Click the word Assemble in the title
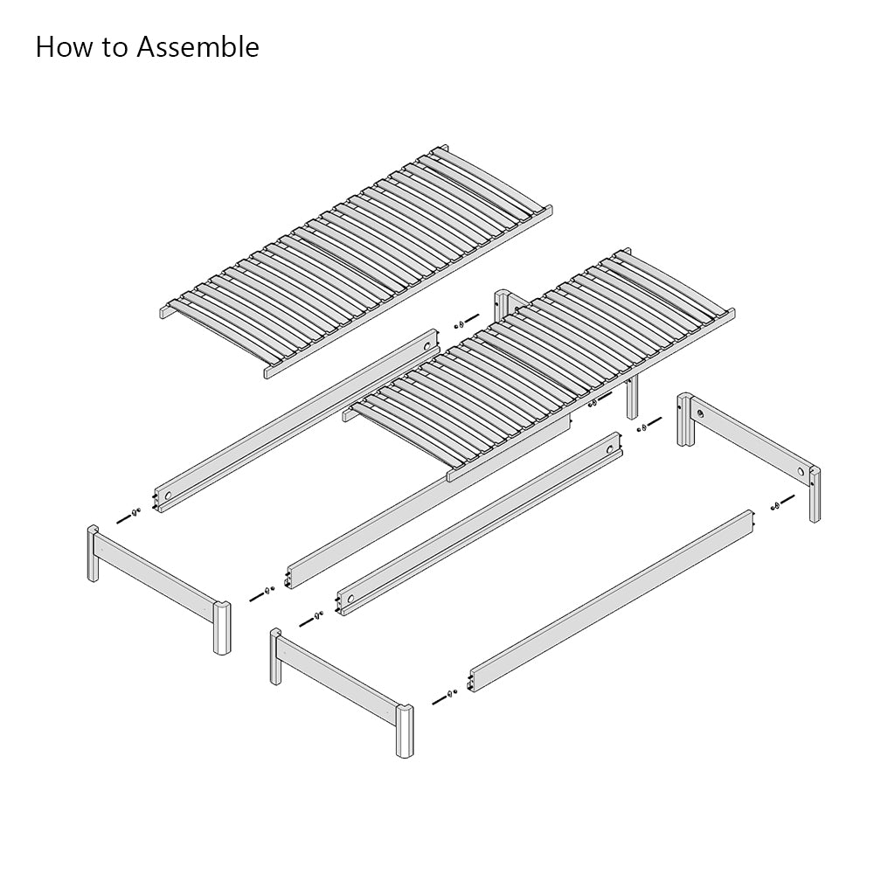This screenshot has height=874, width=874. click(x=198, y=47)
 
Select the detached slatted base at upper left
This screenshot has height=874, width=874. click(x=357, y=260)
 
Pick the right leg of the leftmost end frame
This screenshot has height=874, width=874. click(x=222, y=627)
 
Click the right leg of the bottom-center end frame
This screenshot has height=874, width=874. click(x=405, y=731)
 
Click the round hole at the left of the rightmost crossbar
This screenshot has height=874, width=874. click(x=699, y=414)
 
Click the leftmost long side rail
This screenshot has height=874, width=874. click(x=296, y=421)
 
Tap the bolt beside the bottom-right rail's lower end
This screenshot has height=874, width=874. click(x=445, y=696)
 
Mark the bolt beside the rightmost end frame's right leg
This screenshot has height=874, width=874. click(x=783, y=503)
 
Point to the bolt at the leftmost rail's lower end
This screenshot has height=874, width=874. click(x=128, y=515)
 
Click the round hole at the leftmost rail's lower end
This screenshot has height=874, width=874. click(x=168, y=496)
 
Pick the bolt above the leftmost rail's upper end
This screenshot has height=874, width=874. click(x=467, y=321)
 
